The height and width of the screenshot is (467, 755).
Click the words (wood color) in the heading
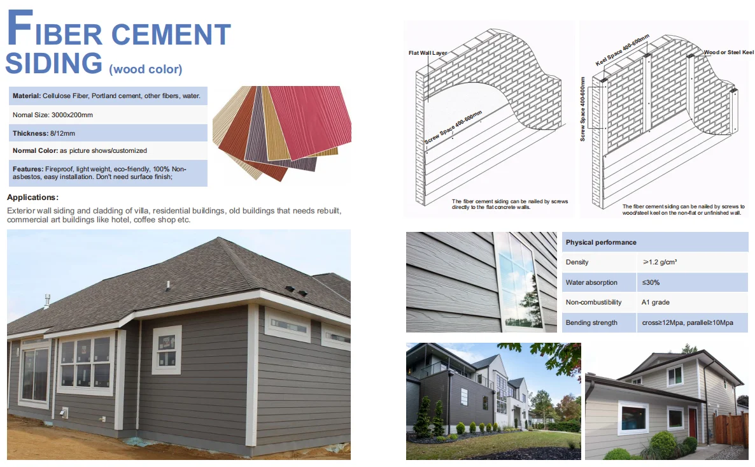pyautogui.click(x=146, y=69)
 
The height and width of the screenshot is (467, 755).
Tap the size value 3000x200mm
pyautogui.click(x=72, y=115)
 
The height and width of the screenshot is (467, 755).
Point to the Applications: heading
pyautogui.click(x=32, y=198)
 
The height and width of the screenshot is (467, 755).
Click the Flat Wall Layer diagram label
pyautogui.click(x=429, y=53)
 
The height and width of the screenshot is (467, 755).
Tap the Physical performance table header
pyautogui.click(x=601, y=242)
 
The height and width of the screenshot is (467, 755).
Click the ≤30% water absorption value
pyautogui.click(x=650, y=282)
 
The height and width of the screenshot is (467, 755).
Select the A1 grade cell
pyautogui.click(x=655, y=302)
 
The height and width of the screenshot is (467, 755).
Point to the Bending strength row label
pyautogui.click(x=591, y=322)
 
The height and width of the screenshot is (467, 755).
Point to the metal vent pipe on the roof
pyautogui.click(x=47, y=300)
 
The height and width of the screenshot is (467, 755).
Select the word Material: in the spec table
pyautogui.click(x=27, y=96)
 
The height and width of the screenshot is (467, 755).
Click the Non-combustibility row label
pyautogui.click(x=593, y=302)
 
